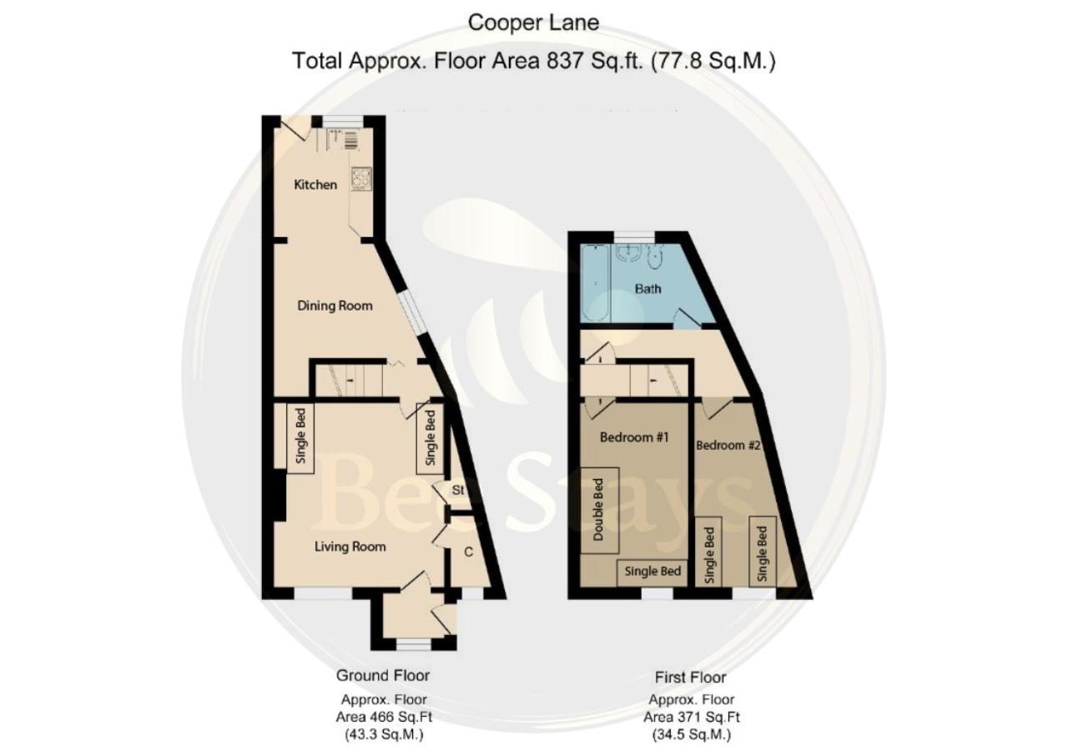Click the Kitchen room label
click(x=315, y=184)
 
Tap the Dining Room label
click(x=335, y=305)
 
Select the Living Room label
click(x=350, y=547)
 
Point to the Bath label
click(x=648, y=289)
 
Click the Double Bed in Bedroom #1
click(x=600, y=510)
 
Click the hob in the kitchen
click(x=362, y=179)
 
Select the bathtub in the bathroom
click(x=595, y=283)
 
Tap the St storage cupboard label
click(x=458, y=490)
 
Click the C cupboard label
click(x=469, y=552)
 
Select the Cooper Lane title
click(x=533, y=23)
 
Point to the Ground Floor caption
click(x=383, y=676)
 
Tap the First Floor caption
click(x=690, y=677)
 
